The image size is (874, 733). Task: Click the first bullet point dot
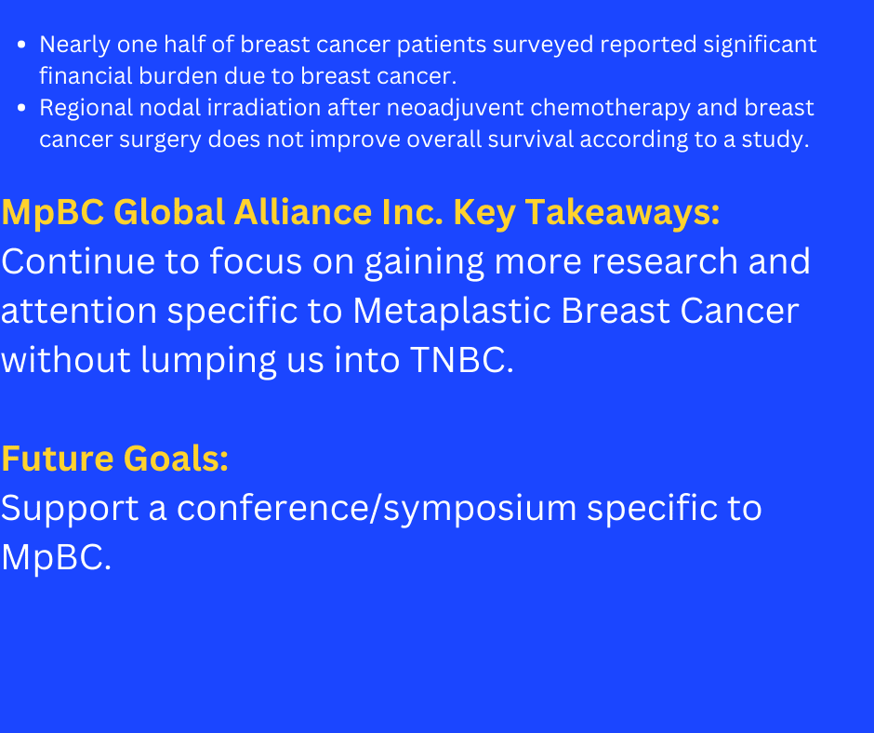point(21,45)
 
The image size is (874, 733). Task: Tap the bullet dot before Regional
point(21,108)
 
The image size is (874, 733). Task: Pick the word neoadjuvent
point(456,109)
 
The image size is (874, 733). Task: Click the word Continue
point(77,261)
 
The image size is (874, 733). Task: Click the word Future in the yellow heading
point(58,459)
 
